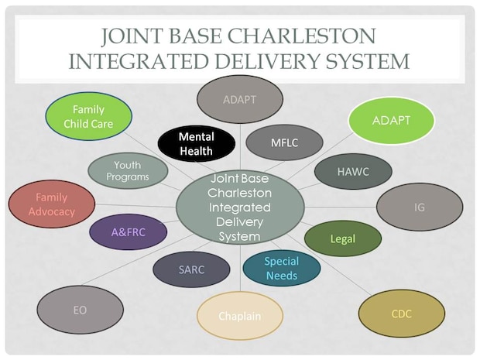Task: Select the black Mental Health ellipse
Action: tap(196, 144)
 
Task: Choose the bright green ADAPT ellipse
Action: tap(391, 121)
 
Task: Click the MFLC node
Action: tap(283, 142)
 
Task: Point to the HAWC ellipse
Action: tap(353, 172)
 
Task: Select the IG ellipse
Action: tap(419, 207)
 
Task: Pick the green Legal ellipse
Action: tap(342, 238)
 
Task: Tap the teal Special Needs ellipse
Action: tap(281, 269)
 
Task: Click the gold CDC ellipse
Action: tap(401, 314)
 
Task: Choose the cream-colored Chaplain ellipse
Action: tap(239, 315)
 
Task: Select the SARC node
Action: tap(191, 270)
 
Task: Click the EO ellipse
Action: tap(80, 310)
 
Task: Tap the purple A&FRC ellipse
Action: tap(128, 231)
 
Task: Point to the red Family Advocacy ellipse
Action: tap(52, 205)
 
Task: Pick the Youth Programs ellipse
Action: tap(127, 171)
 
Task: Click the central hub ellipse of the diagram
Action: tap(240, 207)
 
